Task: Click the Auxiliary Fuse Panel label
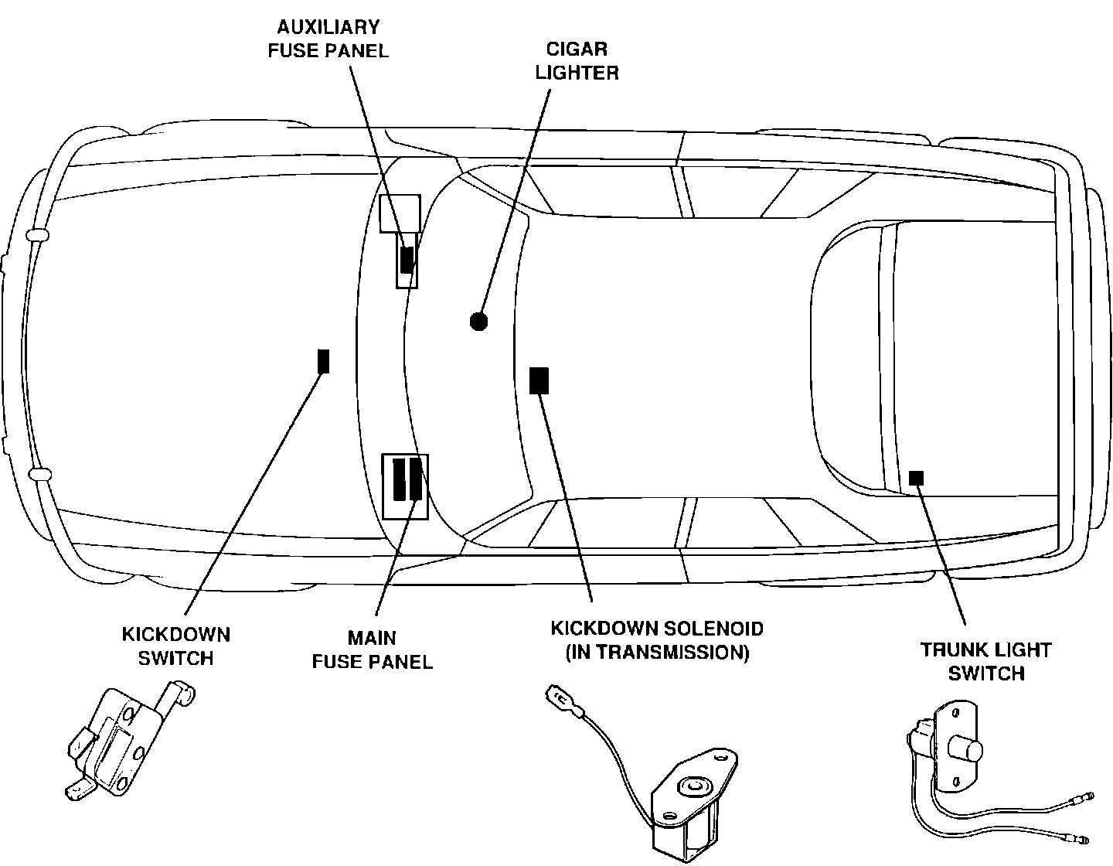pos(328,39)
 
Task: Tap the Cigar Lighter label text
pos(577,61)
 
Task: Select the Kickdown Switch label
pos(175,646)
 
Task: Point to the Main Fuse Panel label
pos(372,649)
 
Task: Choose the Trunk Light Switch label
pos(985,661)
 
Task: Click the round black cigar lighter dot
pos(478,321)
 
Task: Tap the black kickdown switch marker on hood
pos(324,361)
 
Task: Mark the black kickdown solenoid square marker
pos(539,380)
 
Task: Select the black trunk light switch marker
pos(916,477)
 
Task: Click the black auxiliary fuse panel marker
pos(407,259)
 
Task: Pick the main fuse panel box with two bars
pos(406,486)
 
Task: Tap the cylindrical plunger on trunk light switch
pos(965,749)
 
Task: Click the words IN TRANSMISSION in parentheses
pos(657,653)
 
